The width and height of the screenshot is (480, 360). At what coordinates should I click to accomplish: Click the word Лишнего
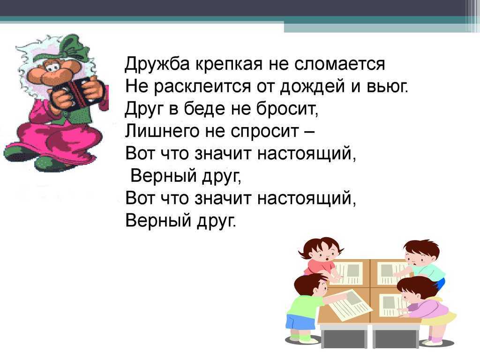[164, 132]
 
